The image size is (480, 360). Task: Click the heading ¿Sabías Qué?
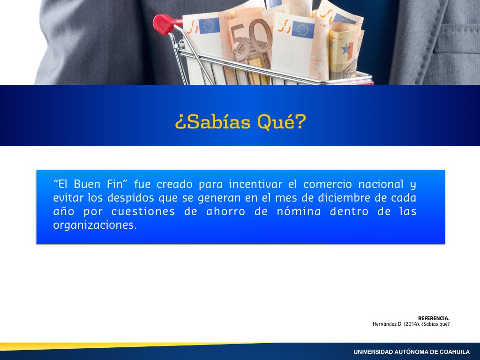[x=240, y=122]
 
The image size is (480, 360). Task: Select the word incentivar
[x=255, y=184]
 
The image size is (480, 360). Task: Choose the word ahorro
[x=225, y=211]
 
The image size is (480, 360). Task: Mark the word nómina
[x=299, y=211]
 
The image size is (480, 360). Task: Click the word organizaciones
[x=95, y=225]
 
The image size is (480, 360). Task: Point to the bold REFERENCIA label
[x=434, y=318]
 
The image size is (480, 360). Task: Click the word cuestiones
[x=143, y=211]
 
